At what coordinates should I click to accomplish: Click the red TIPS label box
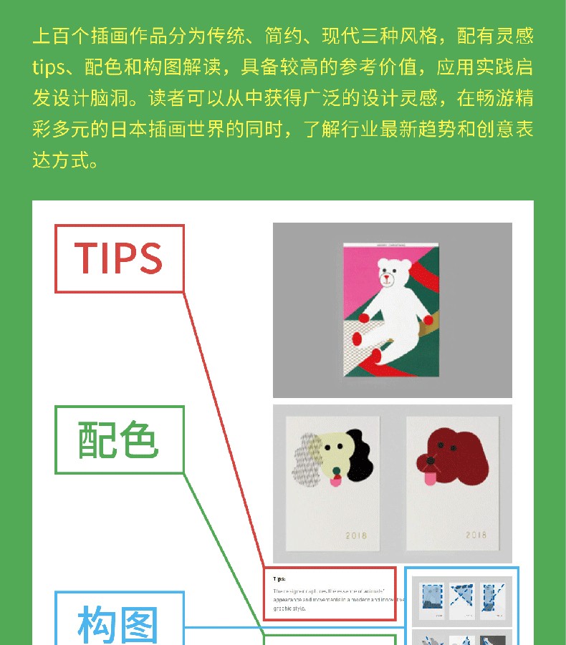120,258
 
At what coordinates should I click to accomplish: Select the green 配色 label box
120,440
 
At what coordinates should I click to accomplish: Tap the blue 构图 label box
120,620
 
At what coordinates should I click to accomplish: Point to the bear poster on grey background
392,309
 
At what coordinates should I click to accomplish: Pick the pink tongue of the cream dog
335,482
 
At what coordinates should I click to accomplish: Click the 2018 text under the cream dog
356,535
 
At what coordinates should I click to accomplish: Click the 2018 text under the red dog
476,535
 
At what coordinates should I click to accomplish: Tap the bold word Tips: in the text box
279,578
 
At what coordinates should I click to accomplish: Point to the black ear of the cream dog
360,462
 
